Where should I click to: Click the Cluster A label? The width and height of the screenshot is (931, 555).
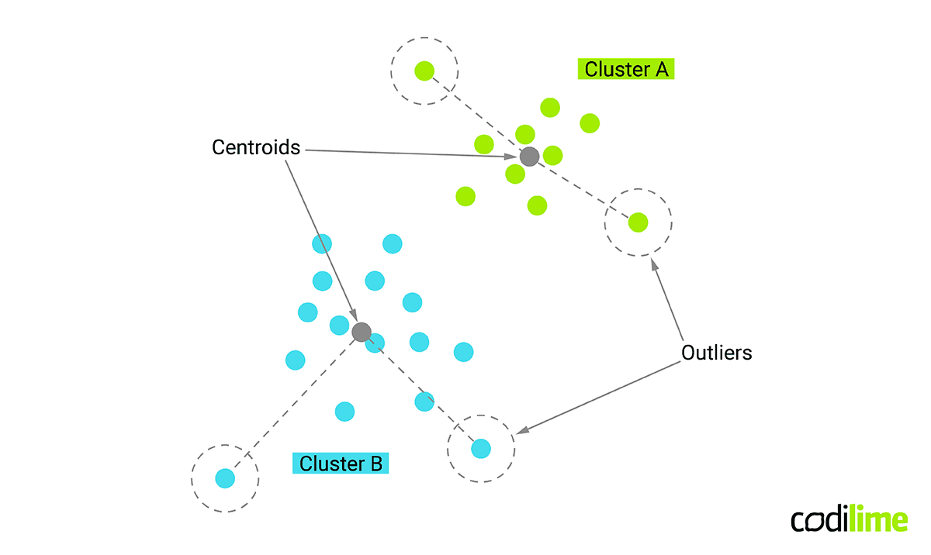tap(626, 69)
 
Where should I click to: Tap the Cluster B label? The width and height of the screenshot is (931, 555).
tap(341, 464)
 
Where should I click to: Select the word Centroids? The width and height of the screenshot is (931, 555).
tap(256, 147)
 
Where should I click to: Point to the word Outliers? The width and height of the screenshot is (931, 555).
tap(717, 353)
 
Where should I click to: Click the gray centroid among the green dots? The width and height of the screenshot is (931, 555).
tap(529, 157)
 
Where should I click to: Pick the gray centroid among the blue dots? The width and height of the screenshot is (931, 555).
tap(362, 333)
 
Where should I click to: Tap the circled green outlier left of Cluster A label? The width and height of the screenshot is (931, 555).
tap(424, 71)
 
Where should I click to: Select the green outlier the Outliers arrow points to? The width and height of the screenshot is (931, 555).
tap(638, 222)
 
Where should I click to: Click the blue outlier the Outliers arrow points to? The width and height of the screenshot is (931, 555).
tap(481, 448)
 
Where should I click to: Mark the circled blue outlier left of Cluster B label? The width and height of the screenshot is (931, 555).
tap(225, 477)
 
